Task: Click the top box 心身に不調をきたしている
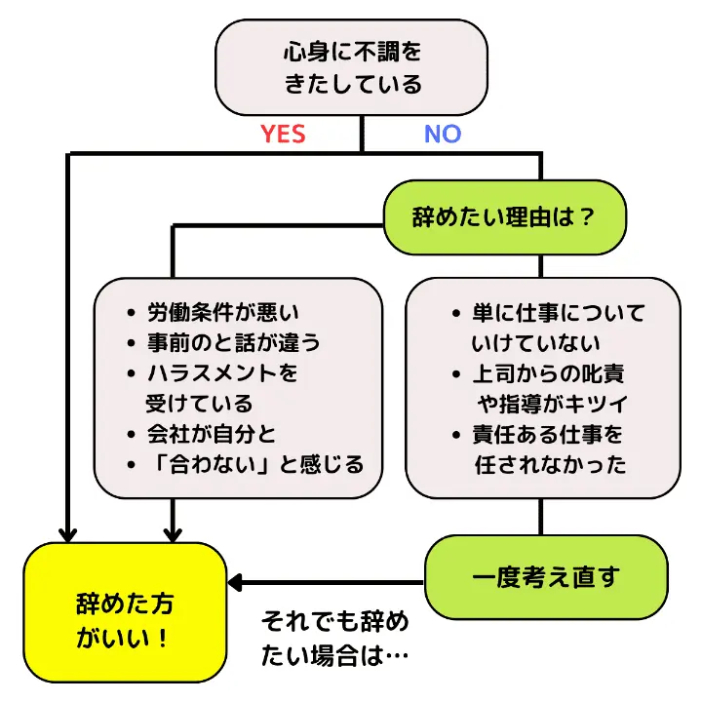click(x=352, y=67)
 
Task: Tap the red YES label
click(x=283, y=135)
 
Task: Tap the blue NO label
click(x=442, y=135)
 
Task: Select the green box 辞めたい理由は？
click(x=504, y=216)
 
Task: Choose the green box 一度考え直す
click(x=545, y=577)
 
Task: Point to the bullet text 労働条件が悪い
click(x=222, y=313)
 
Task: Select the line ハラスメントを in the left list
click(x=221, y=373)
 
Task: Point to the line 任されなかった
click(x=550, y=464)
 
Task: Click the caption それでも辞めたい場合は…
click(x=334, y=639)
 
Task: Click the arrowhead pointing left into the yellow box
click(x=235, y=583)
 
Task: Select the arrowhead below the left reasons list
click(x=174, y=533)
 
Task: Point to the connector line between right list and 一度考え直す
click(x=539, y=517)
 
